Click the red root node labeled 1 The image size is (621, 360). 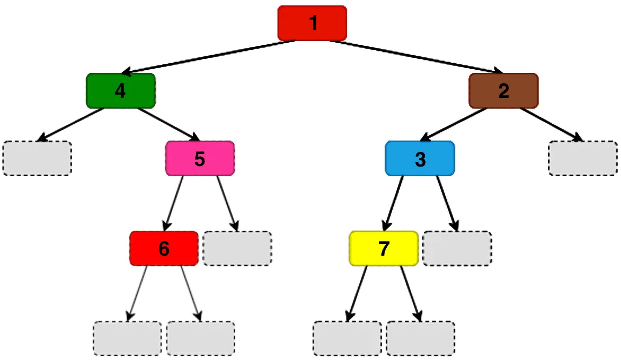coord(312,23)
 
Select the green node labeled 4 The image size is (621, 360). coord(121,91)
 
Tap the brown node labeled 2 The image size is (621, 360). coord(504,91)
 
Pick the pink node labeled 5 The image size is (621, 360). coord(200,159)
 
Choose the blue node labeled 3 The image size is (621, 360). coord(420,159)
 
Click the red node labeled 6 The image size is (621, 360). coord(164,249)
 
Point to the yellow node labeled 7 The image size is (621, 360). coord(384,249)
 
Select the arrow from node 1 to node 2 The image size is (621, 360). coord(417,57)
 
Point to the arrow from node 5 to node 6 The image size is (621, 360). coord(174,203)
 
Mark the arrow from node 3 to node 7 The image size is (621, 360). coord(394,203)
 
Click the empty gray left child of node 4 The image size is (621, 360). coord(37,158)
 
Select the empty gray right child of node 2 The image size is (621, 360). coord(583,158)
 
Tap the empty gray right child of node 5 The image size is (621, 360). coord(237,249)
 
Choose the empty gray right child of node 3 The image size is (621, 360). coord(457,249)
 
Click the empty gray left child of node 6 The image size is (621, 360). coord(128,338)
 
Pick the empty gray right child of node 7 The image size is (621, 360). coord(420,338)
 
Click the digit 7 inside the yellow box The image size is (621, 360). coord(384,249)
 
